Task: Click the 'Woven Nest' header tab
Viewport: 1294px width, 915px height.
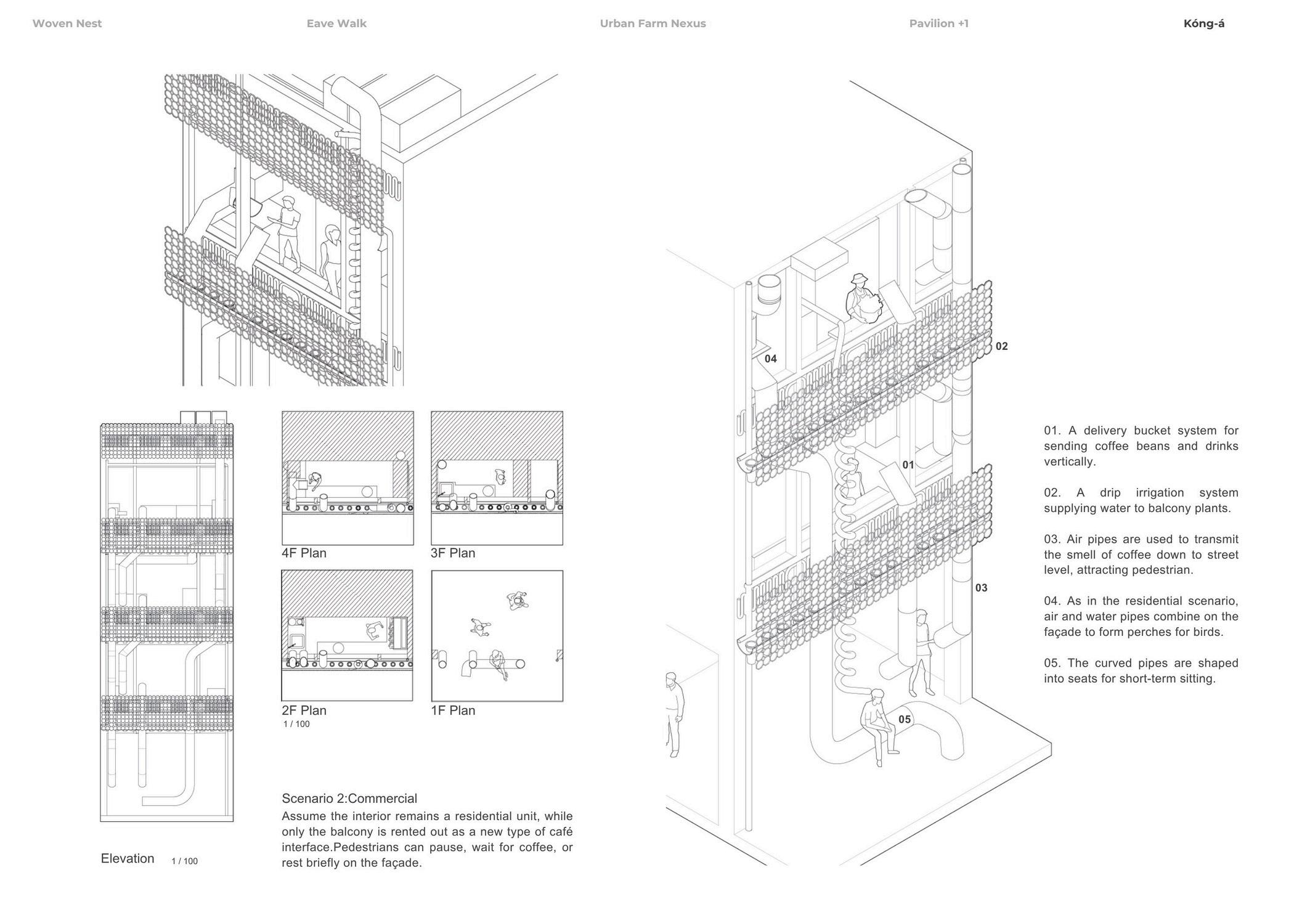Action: click(x=67, y=23)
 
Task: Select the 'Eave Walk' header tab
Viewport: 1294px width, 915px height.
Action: click(x=336, y=23)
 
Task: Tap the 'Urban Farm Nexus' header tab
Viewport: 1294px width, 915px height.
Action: click(x=653, y=23)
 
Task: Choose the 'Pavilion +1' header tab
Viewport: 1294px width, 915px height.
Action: click(x=938, y=23)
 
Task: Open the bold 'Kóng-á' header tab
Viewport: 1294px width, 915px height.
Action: click(x=1203, y=23)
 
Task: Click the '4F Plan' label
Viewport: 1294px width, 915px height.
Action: click(x=304, y=553)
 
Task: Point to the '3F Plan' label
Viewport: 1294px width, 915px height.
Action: click(x=453, y=553)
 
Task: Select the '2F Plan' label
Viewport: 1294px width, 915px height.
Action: click(x=304, y=710)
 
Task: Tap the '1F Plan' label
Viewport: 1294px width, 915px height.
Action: click(x=453, y=710)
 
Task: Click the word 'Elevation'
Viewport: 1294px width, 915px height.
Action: click(x=128, y=858)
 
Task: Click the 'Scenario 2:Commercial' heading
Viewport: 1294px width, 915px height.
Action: click(x=349, y=798)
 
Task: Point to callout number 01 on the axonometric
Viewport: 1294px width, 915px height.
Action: click(x=908, y=465)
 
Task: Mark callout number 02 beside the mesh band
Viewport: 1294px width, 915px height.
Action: click(x=1001, y=346)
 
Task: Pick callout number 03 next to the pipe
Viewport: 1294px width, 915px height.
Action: click(x=981, y=588)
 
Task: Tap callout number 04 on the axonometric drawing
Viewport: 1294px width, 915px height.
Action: click(x=770, y=359)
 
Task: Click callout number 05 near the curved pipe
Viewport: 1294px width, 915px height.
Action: click(x=904, y=719)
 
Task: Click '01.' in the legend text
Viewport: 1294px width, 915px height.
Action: click(x=1052, y=430)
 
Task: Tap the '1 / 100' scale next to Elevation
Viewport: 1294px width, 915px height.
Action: click(x=184, y=861)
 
